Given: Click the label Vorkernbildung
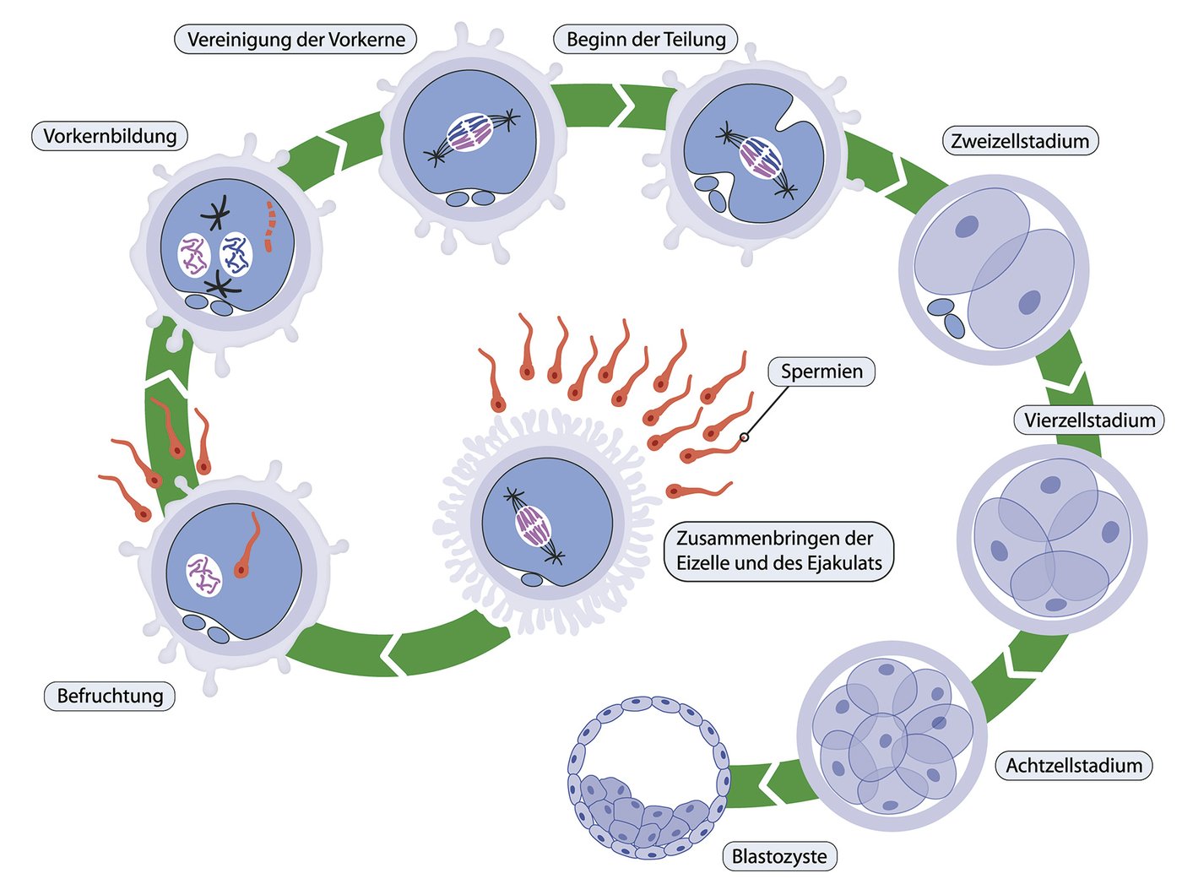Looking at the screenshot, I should tap(110, 136).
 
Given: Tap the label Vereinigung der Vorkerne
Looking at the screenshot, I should tap(296, 40).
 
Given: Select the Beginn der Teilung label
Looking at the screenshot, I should tap(646, 40).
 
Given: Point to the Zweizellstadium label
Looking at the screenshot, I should tap(1020, 141).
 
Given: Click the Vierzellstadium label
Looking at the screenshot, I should tap(1089, 420).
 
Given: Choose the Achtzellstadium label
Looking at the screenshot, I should tap(1074, 766).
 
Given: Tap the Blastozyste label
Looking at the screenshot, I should tap(779, 857).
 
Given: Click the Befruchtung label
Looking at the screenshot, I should tap(110, 697).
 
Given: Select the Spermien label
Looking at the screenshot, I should tap(821, 372).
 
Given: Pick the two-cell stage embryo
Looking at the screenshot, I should tap(994, 269).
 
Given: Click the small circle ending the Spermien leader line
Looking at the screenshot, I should tap(744, 437).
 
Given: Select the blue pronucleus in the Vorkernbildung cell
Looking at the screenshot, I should tap(236, 254).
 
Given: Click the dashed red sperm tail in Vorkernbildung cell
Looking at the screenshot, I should tap(268, 226).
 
